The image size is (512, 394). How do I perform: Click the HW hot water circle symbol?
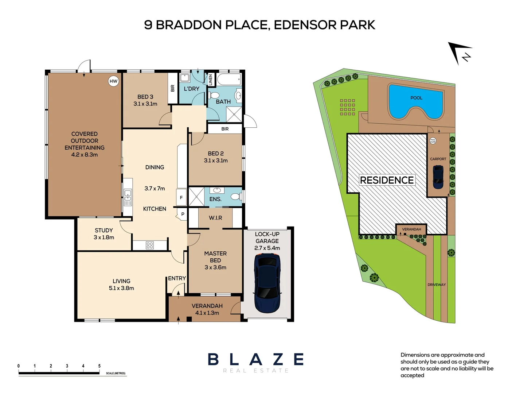[113, 81]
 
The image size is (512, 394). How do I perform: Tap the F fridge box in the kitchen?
[181, 197]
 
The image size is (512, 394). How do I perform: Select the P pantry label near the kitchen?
[183, 215]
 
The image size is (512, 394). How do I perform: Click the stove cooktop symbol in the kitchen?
[150, 245]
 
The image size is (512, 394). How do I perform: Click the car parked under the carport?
[438, 177]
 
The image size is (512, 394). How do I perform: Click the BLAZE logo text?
[256, 359]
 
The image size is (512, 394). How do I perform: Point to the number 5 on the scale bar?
[99, 366]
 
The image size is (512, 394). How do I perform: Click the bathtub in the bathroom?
[229, 79]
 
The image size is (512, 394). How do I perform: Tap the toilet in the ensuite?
[236, 196]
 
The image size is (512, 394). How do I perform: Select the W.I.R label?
[215, 218]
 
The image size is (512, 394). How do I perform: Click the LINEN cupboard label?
[211, 80]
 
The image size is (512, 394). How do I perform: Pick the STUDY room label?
[103, 230]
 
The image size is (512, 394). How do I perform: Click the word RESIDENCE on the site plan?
[387, 180]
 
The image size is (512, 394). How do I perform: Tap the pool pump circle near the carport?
[433, 141]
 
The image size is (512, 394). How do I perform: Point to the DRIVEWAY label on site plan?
[437, 285]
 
